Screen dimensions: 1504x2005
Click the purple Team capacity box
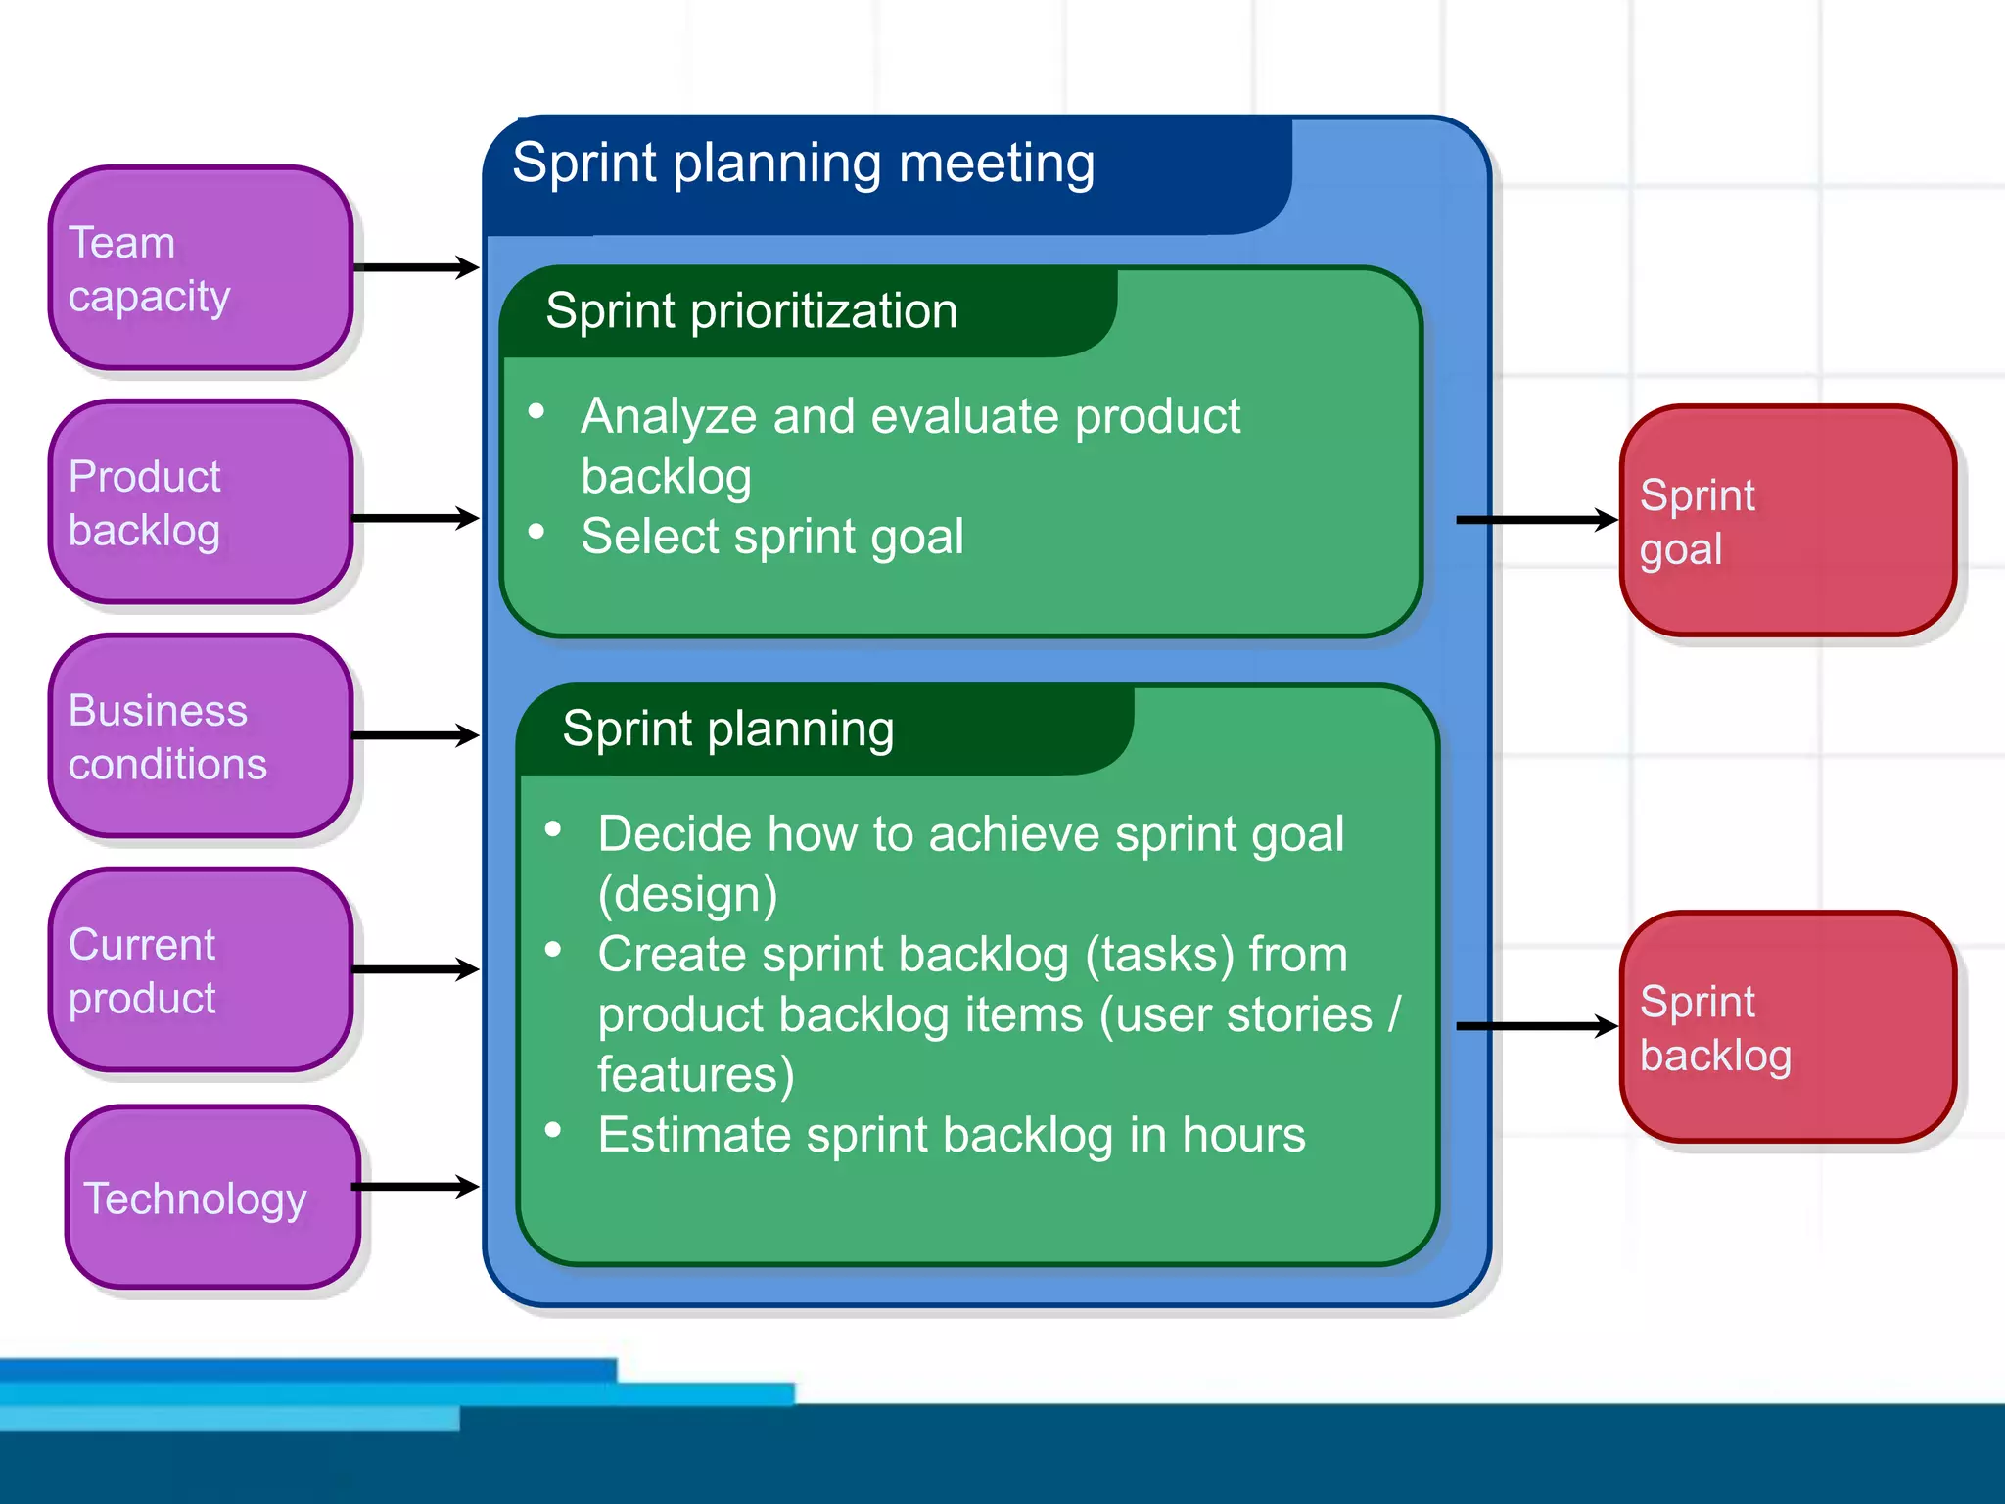[201, 267]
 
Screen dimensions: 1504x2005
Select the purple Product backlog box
[201, 502]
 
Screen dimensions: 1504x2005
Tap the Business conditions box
[201, 736]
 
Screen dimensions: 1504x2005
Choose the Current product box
[201, 970]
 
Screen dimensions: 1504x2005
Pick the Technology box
[212, 1198]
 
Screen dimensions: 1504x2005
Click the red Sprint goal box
[1788, 521]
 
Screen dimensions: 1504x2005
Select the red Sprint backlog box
[1788, 1027]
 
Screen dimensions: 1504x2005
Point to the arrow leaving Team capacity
[416, 267]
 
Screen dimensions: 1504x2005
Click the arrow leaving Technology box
[416, 1187]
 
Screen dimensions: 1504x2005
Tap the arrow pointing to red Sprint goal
[1536, 520]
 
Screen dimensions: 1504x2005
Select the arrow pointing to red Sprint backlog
[1536, 1026]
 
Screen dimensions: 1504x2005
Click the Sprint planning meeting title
[803, 164]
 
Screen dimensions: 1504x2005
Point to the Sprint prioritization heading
[751, 311]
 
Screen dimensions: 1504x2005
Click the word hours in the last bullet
[1243, 1135]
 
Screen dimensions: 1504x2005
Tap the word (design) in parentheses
[687, 894]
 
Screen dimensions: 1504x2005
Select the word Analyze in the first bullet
[669, 416]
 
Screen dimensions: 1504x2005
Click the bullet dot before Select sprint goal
[536, 532]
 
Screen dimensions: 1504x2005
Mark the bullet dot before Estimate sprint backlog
[553, 1130]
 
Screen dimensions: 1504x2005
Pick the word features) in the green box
[695, 1075]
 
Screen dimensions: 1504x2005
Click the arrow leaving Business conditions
[416, 735]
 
